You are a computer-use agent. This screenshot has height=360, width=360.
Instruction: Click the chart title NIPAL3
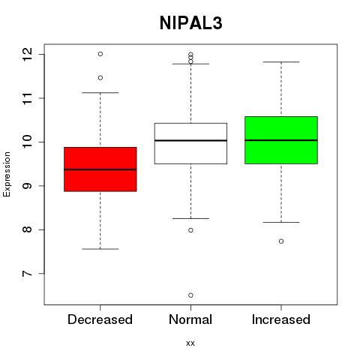[190, 23]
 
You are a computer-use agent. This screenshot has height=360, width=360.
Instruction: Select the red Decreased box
[100, 169]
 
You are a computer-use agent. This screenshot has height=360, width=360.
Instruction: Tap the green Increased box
[281, 140]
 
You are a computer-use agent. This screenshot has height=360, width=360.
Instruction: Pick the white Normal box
[190, 143]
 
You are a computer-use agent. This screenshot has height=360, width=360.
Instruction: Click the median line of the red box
[100, 169]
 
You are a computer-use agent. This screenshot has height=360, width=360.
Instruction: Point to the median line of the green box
[281, 140]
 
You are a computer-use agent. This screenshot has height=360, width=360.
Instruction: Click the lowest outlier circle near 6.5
[190, 295]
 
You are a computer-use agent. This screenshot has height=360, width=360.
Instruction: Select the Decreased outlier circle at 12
[100, 54]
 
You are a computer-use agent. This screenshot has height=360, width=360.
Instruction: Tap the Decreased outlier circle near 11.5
[100, 78]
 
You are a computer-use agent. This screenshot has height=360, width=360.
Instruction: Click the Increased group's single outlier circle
[281, 241]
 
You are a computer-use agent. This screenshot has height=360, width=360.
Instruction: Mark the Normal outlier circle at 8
[190, 230]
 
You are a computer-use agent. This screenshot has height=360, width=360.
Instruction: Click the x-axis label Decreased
[100, 319]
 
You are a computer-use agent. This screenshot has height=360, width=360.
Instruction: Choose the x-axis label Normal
[190, 319]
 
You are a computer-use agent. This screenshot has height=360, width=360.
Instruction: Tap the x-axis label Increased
[281, 319]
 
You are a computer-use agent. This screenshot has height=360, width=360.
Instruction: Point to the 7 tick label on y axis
[28, 274]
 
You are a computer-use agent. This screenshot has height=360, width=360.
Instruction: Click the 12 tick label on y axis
[28, 54]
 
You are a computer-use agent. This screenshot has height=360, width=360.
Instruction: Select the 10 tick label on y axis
[28, 142]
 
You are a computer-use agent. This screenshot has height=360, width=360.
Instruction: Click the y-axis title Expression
[7, 174]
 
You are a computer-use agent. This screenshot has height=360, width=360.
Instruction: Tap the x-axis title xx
[190, 343]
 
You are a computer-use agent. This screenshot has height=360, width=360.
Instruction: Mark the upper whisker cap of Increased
[281, 61]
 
